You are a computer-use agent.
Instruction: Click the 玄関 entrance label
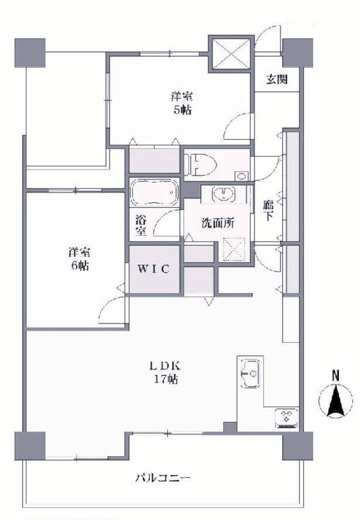point(276,80)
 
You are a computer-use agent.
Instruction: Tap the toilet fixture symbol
point(202,164)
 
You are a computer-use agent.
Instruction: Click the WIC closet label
point(153,269)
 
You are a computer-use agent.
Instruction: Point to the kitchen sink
point(250,373)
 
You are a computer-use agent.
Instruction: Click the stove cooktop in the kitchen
point(287,418)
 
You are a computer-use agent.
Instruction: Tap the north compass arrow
point(336,400)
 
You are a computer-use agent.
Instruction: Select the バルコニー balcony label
point(163,478)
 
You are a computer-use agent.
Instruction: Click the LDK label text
point(164,366)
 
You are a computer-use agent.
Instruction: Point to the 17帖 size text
point(165,378)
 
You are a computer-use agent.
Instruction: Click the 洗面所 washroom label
point(218,223)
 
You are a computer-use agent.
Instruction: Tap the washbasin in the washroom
point(222,194)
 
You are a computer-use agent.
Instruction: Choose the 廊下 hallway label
point(268,211)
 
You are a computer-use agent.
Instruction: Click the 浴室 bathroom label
point(141,226)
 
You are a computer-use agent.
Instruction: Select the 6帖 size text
point(79,266)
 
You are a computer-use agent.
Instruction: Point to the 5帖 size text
point(182,110)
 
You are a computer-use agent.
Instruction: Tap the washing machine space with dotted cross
point(235,248)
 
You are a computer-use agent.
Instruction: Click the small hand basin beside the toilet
point(242,176)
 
